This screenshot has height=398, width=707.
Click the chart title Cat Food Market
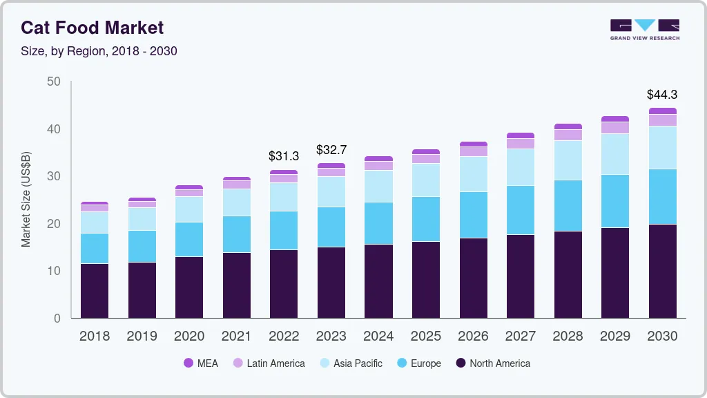point(92,28)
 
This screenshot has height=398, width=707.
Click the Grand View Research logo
point(644,29)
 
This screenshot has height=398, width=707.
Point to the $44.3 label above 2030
point(661,95)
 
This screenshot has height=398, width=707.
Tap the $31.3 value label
point(284,157)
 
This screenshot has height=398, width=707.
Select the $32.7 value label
point(331,150)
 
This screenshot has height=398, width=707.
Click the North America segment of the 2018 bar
point(95,290)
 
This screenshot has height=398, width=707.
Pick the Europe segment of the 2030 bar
point(663,196)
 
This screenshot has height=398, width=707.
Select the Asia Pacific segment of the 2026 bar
point(474,174)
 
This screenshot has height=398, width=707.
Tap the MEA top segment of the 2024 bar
point(379,159)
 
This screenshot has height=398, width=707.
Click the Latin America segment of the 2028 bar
point(568,135)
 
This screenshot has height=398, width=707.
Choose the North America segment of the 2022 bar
point(284,283)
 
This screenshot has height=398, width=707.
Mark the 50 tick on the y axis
point(54,82)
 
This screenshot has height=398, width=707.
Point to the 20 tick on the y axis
point(54,224)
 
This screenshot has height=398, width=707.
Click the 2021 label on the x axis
point(236,337)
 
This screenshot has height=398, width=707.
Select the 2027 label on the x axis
point(521,337)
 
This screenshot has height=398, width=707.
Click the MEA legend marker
point(188,363)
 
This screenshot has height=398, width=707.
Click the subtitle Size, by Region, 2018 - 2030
point(99,51)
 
